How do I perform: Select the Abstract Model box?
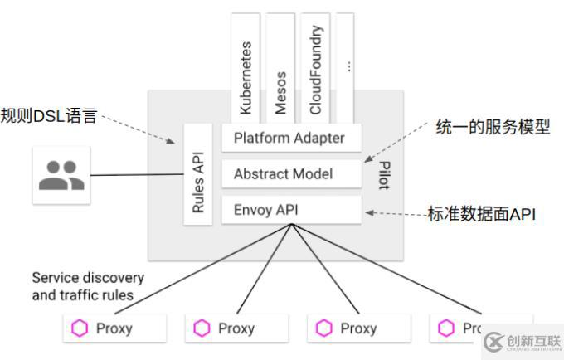click(x=283, y=173)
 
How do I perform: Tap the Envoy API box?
click(x=265, y=209)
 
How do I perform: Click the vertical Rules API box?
click(x=197, y=175)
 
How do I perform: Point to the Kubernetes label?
click(x=245, y=75)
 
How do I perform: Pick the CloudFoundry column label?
click(x=316, y=71)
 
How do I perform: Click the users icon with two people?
click(x=61, y=175)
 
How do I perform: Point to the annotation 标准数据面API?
click(x=481, y=214)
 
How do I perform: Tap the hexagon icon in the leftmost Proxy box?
click(x=80, y=328)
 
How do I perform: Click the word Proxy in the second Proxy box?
click(x=236, y=328)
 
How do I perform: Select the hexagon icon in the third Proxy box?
click(x=323, y=328)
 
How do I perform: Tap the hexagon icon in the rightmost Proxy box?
click(x=445, y=328)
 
